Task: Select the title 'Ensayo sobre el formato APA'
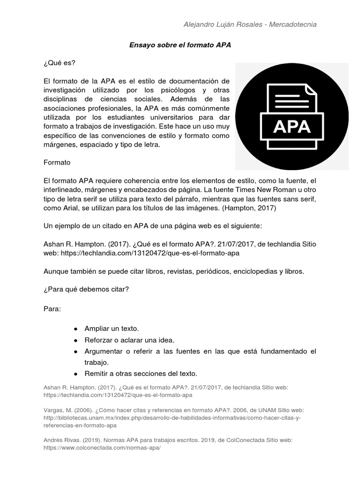point(180,45)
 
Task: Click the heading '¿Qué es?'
point(59,63)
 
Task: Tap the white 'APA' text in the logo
point(292,127)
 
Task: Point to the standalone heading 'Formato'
point(57,163)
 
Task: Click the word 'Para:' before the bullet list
point(52,309)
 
